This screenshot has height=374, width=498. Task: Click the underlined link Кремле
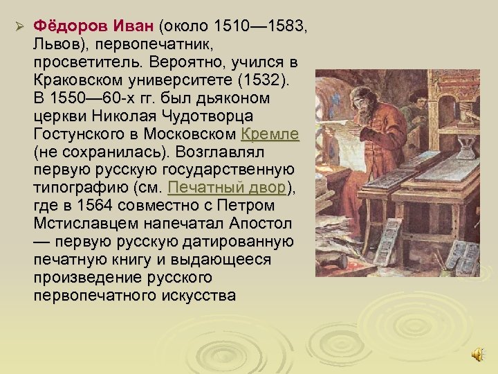click(270, 134)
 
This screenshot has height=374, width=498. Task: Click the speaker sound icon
click(477, 355)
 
